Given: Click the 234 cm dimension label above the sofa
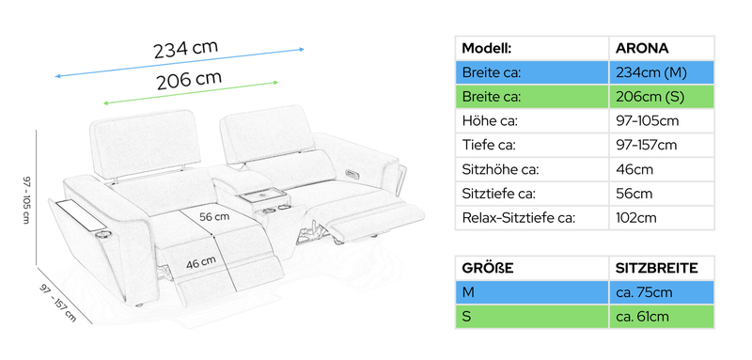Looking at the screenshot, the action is tap(185, 49).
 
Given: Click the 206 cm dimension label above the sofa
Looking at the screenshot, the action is tap(189, 81).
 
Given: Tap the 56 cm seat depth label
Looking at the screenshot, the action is tap(214, 217).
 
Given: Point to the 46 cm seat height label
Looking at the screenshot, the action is tap(201, 262).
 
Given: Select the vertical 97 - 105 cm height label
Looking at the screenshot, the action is tap(26, 199).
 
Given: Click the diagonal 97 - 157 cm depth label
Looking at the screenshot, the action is tap(57, 303).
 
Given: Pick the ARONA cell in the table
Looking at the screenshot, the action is tap(642, 48).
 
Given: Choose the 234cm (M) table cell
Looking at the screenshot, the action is tap(650, 72).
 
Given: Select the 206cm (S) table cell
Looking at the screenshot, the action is tap(650, 97).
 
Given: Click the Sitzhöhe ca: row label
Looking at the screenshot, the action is tap(500, 169).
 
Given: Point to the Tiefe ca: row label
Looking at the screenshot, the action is tap(489, 145).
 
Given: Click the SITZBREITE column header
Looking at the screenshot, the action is tap(656, 268).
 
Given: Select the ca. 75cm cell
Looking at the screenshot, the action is tap(644, 292).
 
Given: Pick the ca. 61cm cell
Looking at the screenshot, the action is tap(642, 317).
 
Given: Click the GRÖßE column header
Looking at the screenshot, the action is tap(488, 268).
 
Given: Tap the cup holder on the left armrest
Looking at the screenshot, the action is tap(103, 234).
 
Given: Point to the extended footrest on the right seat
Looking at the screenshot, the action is tap(377, 221).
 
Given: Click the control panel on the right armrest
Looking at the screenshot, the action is tap(351, 173).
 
